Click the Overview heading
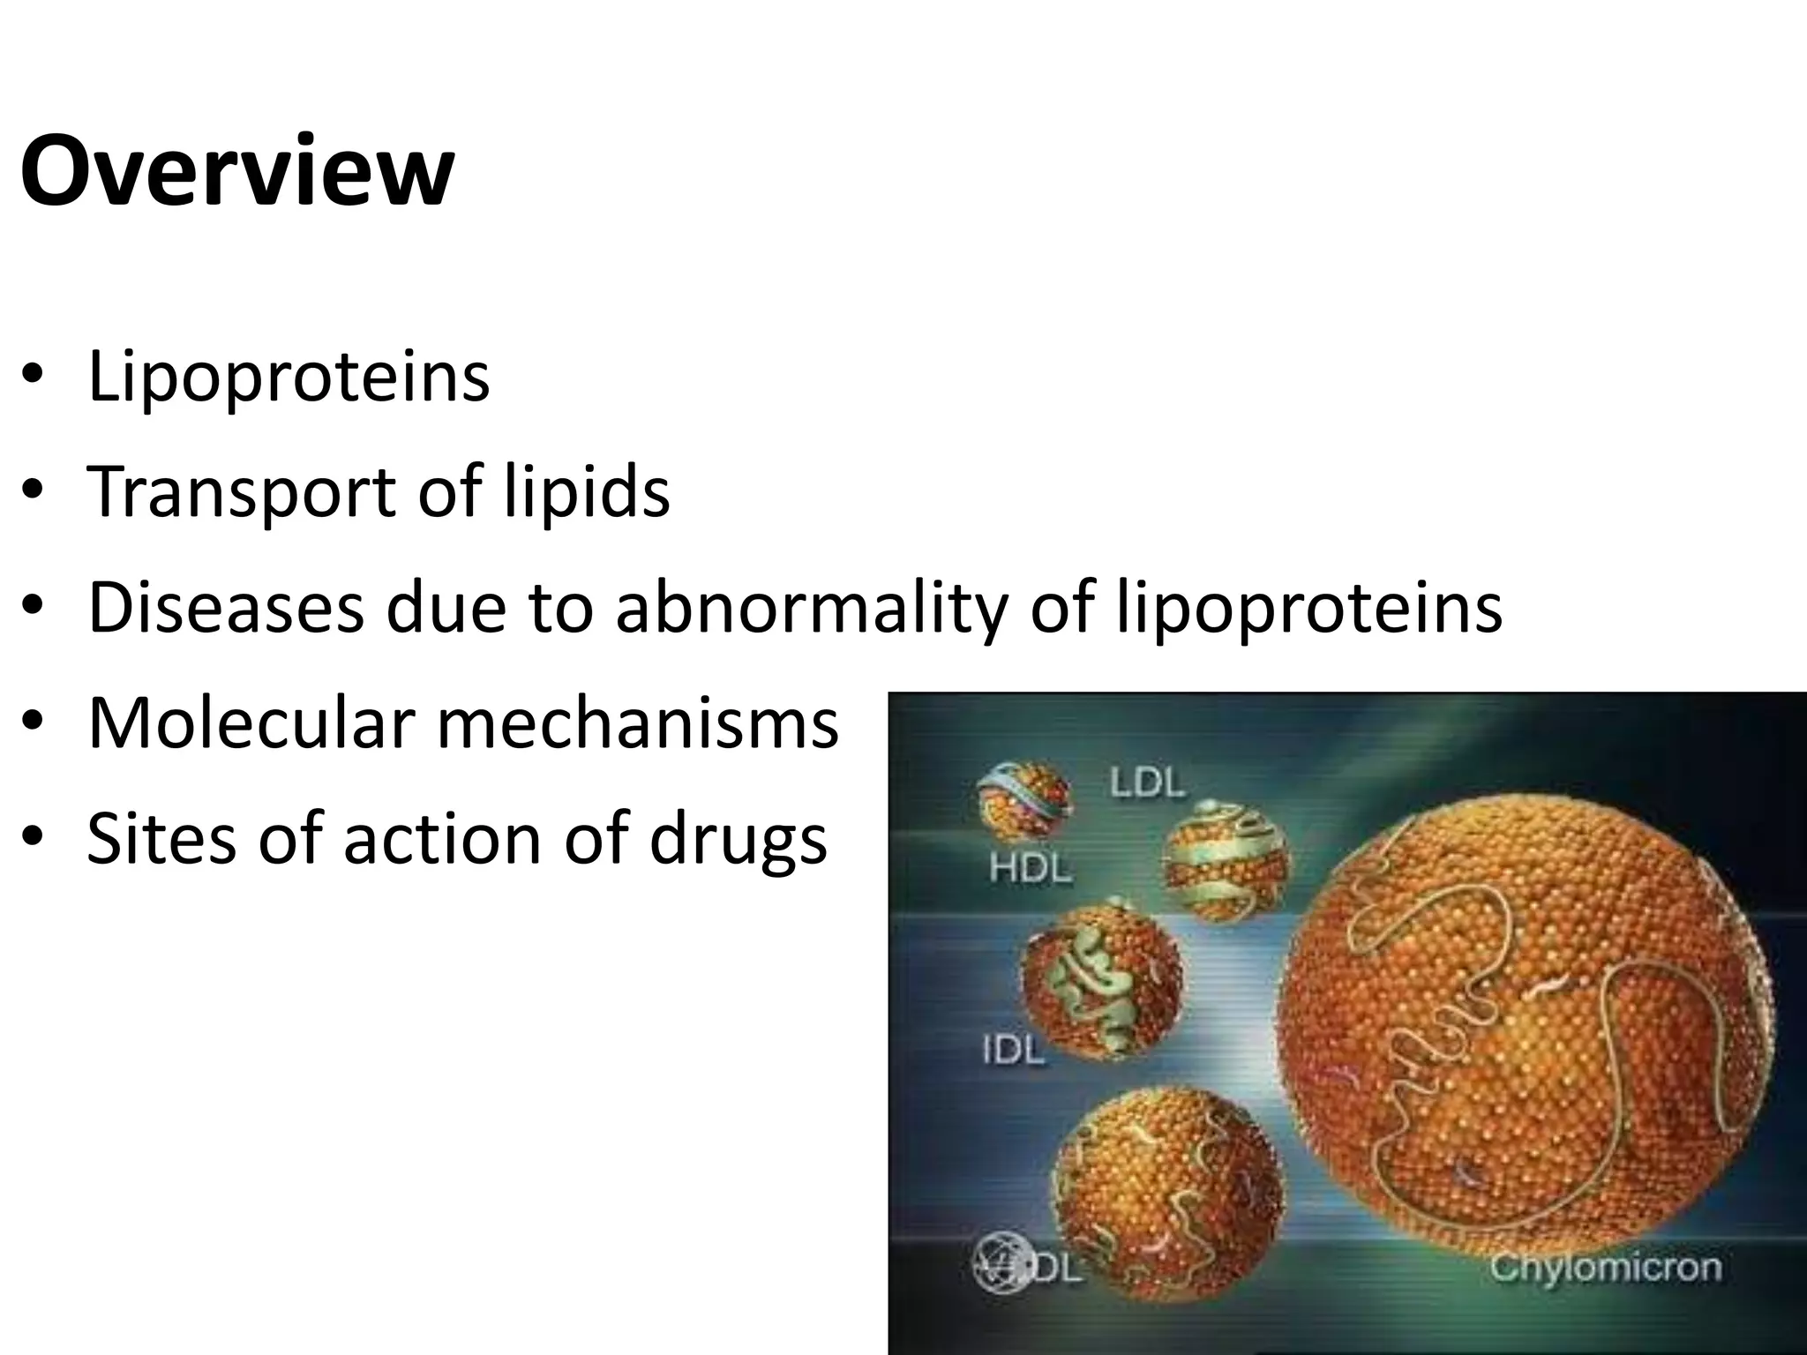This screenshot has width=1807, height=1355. tap(236, 170)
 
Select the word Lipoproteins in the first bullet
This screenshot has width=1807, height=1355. tap(289, 378)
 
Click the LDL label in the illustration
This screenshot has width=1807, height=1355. tap(1146, 782)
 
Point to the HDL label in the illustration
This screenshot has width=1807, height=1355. tap(1030, 869)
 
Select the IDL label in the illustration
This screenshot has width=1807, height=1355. tap(1013, 1050)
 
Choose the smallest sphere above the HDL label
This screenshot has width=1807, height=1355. tap(1024, 800)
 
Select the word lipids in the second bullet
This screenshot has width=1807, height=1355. tap(587, 492)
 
